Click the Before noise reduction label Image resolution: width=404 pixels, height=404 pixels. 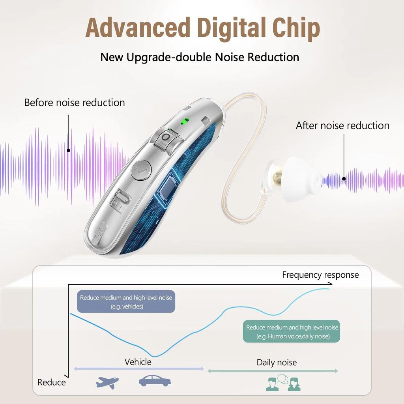pyautogui.click(x=75, y=103)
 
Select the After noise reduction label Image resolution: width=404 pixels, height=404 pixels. pyautogui.click(x=342, y=125)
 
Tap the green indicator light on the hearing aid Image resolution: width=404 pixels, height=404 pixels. pyautogui.click(x=183, y=121)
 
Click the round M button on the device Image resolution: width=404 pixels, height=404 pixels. pyautogui.click(x=140, y=170)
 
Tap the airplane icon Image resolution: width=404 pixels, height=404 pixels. pyautogui.click(x=107, y=382)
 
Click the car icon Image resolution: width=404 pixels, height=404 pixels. pyautogui.click(x=155, y=381)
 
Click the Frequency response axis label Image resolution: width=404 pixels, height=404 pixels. pyautogui.click(x=320, y=275)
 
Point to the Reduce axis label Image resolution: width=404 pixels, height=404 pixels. pyautogui.click(x=52, y=382)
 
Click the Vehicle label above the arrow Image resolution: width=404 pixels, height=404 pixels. pyautogui.click(x=138, y=362)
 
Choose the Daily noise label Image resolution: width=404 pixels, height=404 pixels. pyautogui.click(x=277, y=363)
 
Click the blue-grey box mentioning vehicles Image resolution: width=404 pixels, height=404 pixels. pyautogui.click(x=126, y=302)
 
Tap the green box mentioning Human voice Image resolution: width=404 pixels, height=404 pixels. pyautogui.click(x=292, y=331)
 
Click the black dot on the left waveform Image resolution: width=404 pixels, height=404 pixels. pyautogui.click(x=69, y=150)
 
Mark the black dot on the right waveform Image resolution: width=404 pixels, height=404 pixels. pyautogui.click(x=344, y=178)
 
